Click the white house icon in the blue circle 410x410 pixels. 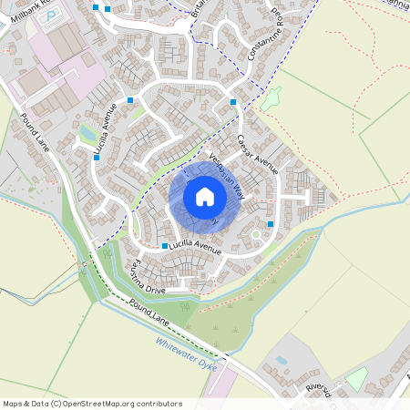tap(205, 196)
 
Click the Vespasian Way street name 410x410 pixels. tap(227, 174)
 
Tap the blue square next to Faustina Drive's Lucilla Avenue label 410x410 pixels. tap(165, 246)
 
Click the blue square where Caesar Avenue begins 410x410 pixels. tap(233, 102)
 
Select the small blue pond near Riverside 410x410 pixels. tap(281, 359)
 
